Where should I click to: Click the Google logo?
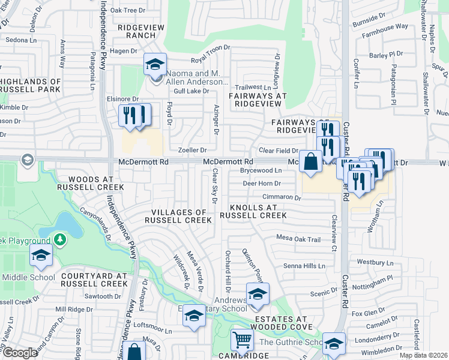click(x=20, y=352)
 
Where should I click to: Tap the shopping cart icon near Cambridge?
click(x=242, y=340)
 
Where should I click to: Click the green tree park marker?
click(x=59, y=240)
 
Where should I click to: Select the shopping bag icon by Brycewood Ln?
click(x=310, y=162)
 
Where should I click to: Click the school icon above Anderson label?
click(x=155, y=65)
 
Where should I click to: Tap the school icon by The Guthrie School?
click(x=334, y=344)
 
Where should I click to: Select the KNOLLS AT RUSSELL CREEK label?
click(x=252, y=211)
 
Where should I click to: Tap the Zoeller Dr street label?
click(x=192, y=150)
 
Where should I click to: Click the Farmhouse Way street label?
click(x=388, y=27)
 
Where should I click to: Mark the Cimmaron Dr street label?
click(x=281, y=197)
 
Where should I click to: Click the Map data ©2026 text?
click(x=423, y=355)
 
